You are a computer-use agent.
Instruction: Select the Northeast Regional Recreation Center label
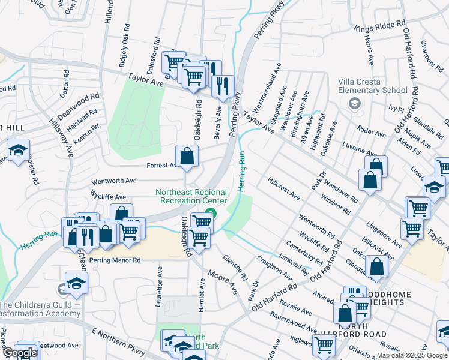(191, 196)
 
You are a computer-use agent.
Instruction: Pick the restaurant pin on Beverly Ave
(222, 86)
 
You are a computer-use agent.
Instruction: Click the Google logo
(20, 353)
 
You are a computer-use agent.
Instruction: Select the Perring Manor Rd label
(115, 260)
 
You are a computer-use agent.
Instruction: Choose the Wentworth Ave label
(114, 180)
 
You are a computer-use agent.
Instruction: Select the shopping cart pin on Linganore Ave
(412, 228)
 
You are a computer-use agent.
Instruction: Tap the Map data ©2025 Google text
(412, 355)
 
